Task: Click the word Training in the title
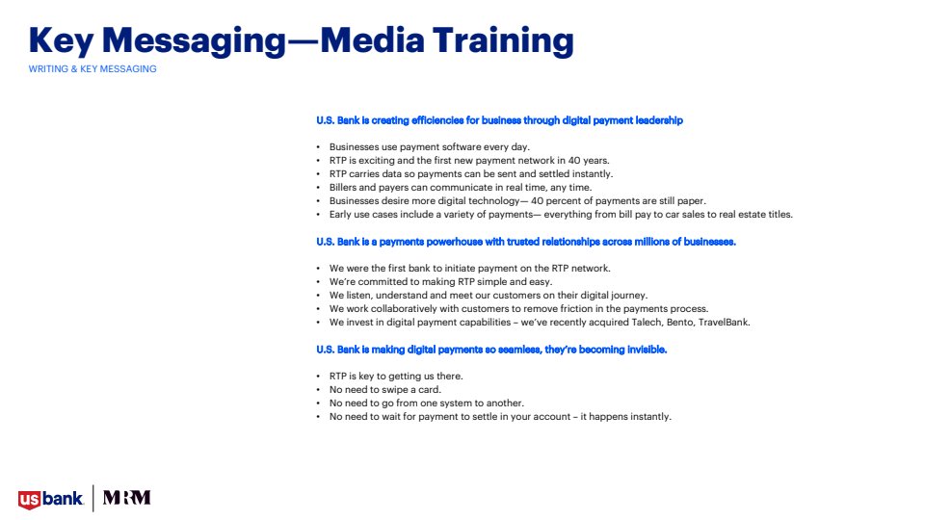[503, 41]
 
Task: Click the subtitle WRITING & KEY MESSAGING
[92, 69]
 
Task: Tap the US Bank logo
[51, 499]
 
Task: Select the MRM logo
[127, 498]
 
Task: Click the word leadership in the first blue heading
[659, 120]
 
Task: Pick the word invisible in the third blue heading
[647, 350]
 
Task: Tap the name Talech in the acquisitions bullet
[647, 323]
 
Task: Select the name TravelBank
[725, 323]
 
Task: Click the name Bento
[679, 323]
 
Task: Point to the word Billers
[343, 188]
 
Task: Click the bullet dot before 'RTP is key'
[319, 377]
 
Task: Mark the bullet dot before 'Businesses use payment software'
[319, 146]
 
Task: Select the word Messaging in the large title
[194, 42]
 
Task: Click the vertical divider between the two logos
[93, 498]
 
